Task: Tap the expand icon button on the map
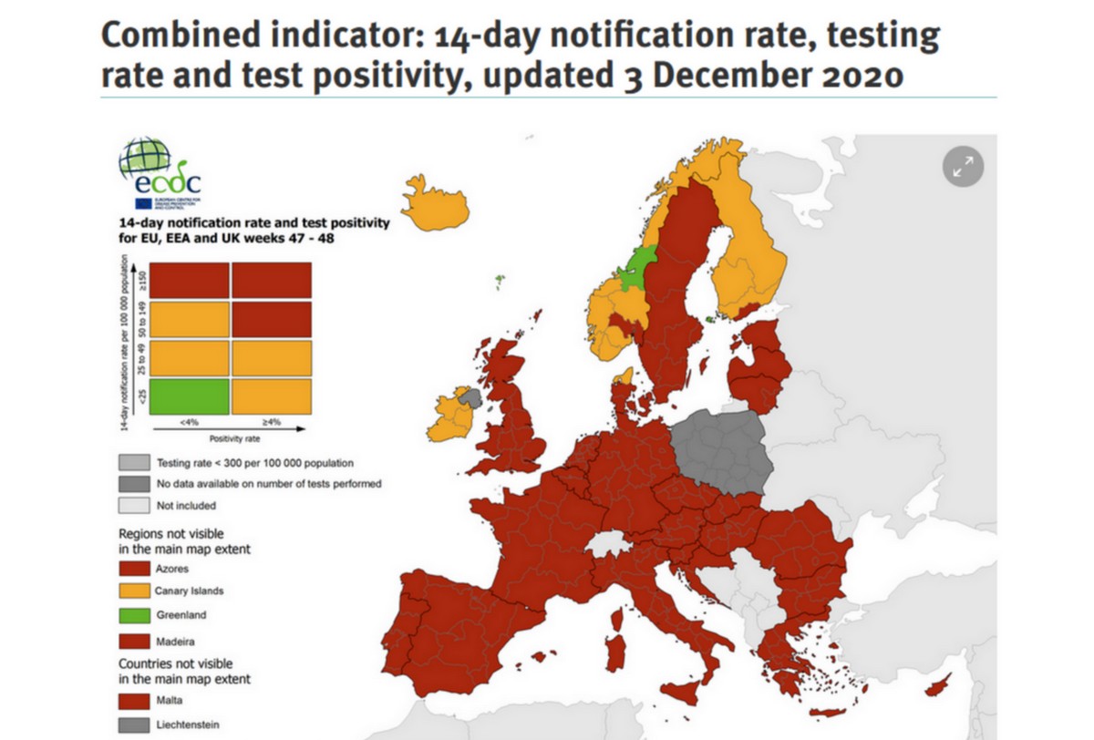click(963, 166)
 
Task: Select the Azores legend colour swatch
click(134, 569)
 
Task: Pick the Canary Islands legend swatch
click(134, 591)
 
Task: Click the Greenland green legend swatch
click(134, 615)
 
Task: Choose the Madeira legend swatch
click(134, 642)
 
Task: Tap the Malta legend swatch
click(134, 701)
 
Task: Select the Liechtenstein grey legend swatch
click(134, 725)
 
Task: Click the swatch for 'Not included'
click(134, 505)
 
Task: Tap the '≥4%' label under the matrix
click(271, 423)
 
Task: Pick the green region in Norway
click(635, 268)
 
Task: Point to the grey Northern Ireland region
click(470, 397)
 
